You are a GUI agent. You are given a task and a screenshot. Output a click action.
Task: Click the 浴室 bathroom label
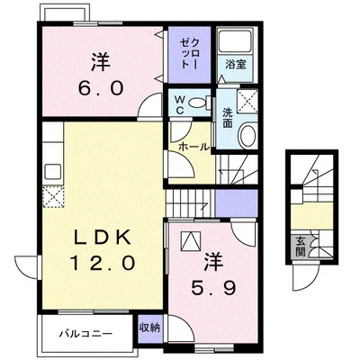pos(236,65)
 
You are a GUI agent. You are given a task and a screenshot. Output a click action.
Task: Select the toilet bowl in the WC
pos(198,103)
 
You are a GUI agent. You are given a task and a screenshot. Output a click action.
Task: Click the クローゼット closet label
pos(189,54)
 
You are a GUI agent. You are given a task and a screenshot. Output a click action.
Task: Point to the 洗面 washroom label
pos(227,118)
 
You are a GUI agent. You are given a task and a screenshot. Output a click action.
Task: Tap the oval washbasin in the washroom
pos(247,135)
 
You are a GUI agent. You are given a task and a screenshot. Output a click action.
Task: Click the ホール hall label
pos(193,147)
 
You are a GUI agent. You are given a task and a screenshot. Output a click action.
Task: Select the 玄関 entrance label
pos(300,247)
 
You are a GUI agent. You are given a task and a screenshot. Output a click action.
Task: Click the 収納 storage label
pos(149,328)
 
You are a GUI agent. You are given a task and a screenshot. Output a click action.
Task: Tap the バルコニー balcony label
pos(85,333)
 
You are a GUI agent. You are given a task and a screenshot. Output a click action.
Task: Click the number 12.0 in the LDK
pos(103,263)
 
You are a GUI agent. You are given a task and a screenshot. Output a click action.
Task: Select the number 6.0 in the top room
pos(101,87)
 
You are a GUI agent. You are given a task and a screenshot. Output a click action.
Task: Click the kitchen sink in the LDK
pos(53,172)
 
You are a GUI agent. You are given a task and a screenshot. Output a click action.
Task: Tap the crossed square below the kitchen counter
pos(53,196)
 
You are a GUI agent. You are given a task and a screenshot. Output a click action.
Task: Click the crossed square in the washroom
pos(247,101)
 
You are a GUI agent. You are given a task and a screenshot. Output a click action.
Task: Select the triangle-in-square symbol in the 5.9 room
pos(191,241)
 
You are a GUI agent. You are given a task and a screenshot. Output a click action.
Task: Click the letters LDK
pos(103,238)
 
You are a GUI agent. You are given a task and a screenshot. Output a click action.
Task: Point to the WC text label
pos(180,104)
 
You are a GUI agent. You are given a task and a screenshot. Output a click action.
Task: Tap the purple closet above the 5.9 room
pos(237,202)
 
